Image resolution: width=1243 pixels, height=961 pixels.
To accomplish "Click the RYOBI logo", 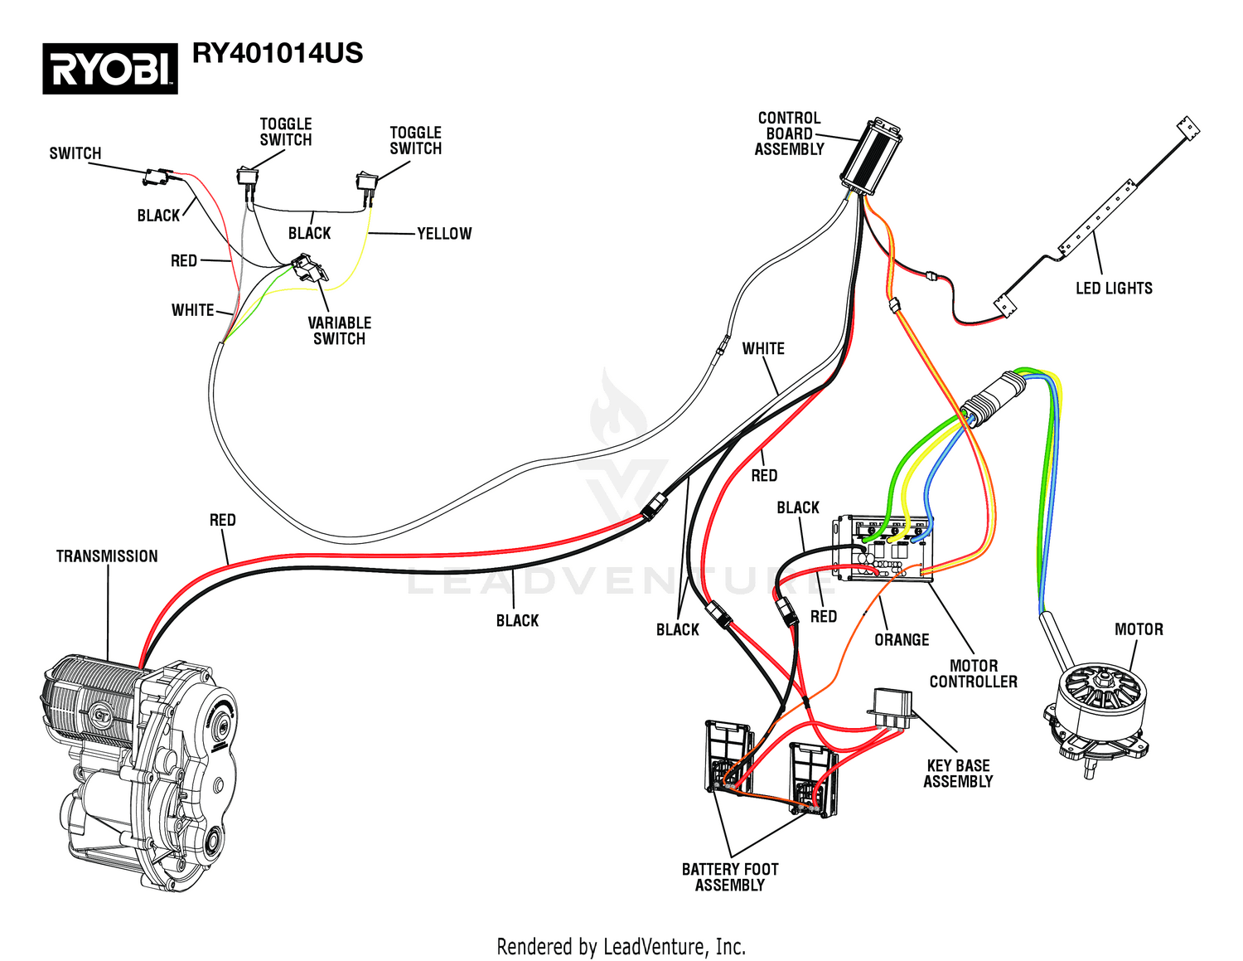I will point(110,68).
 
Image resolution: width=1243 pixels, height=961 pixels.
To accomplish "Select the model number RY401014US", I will point(278,53).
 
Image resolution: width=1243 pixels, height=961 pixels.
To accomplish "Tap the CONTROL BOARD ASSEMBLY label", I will point(789,133).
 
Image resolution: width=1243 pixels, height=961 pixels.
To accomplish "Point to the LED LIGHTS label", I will point(1114,289).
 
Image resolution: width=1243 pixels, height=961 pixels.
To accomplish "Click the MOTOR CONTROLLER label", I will point(973,673).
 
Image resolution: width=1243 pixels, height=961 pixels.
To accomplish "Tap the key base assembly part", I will point(891,709).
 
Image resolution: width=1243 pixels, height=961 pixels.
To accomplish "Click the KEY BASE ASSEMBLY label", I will point(958,774).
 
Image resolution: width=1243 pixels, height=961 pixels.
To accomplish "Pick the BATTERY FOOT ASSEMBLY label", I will point(730,877).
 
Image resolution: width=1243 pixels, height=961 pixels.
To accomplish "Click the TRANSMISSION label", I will point(107,556).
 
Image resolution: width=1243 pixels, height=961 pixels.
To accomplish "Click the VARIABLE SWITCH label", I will point(339,331).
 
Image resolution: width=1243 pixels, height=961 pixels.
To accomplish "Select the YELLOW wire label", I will point(444,234).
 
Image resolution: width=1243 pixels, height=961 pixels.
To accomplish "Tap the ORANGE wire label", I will point(902,640).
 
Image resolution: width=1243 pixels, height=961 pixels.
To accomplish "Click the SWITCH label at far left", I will point(75,153).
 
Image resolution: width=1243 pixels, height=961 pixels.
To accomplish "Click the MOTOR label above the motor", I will point(1139,629).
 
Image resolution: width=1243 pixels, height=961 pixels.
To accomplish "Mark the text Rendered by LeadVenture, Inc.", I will point(621,946).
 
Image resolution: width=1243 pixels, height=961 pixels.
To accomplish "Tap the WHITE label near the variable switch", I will point(192,310).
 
